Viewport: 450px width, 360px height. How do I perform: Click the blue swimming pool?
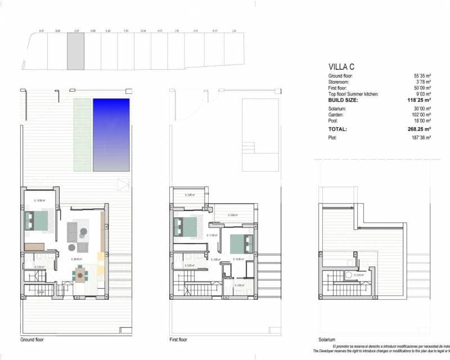[111, 135]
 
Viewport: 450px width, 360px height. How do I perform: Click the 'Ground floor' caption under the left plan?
[32, 340]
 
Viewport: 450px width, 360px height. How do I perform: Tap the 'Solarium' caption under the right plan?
[326, 340]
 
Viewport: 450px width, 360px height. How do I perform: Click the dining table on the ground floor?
[81, 275]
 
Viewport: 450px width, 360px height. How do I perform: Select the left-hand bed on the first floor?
[187, 226]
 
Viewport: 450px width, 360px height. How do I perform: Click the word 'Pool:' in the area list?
[334, 121]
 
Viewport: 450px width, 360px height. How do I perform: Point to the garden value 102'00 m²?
[421, 115]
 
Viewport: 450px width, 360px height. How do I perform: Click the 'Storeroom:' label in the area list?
[341, 82]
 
